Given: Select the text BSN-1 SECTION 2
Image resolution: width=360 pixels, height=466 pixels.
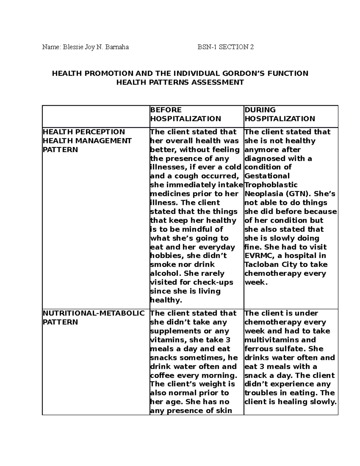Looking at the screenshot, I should pos(226,47).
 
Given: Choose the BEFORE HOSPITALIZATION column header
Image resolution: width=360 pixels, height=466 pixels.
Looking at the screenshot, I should pos(185,114).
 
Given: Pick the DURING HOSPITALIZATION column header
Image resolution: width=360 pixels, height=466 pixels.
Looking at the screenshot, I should pos(280,114).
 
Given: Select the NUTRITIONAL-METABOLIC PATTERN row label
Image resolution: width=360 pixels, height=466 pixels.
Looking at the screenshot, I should pos(94,317).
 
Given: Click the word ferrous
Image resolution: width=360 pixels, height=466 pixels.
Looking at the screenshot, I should pos(259,349).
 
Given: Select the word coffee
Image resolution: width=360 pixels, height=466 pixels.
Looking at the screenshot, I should pos(162,375).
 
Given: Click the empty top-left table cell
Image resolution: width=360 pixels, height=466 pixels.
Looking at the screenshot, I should pos(96,116).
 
